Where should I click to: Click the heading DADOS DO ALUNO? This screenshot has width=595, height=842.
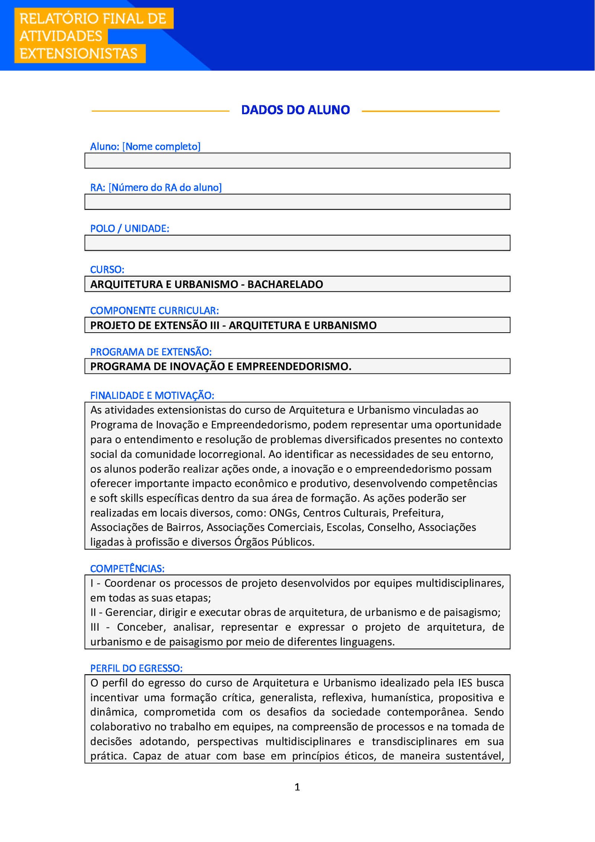[x=295, y=110]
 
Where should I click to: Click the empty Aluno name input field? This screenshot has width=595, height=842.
[x=297, y=161]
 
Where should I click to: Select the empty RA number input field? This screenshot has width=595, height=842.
[x=297, y=202]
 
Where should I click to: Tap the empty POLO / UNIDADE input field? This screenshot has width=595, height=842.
[x=297, y=243]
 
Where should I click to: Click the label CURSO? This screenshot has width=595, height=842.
[x=107, y=269]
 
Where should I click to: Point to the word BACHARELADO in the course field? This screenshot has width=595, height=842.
[x=285, y=284]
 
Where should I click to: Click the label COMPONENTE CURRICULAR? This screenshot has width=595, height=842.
[x=154, y=311]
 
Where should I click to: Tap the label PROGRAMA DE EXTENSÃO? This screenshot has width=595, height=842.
[x=151, y=352]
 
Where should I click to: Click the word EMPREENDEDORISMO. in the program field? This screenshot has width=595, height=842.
[x=294, y=366]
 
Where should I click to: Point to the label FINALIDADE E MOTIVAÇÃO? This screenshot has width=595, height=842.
[x=152, y=396]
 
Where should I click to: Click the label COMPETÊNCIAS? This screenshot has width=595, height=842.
[x=127, y=569]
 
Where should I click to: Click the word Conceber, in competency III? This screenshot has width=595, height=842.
[x=141, y=627]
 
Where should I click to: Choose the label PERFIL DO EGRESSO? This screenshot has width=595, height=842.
[x=136, y=668]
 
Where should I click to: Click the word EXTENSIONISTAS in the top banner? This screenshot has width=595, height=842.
[x=78, y=54]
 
